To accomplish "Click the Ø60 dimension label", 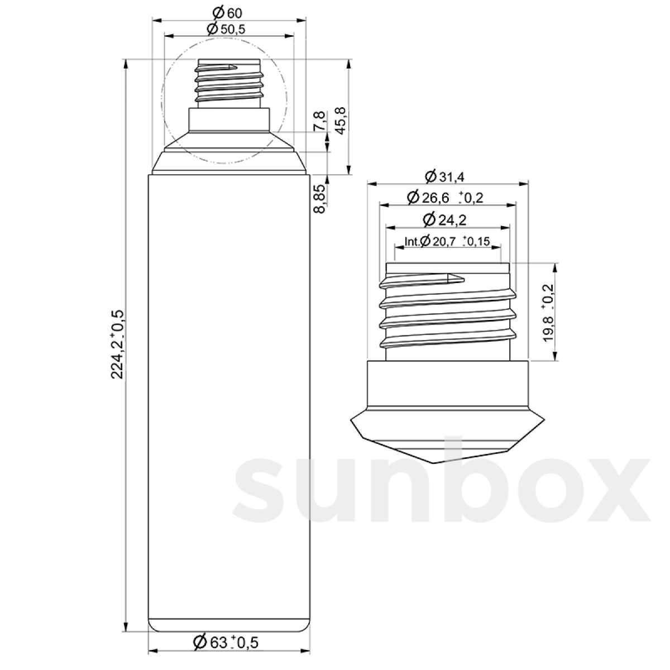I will pos(228,12).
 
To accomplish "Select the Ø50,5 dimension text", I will pos(226,29).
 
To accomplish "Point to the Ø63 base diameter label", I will pos(226,642).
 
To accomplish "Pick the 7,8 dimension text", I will pos(319,121).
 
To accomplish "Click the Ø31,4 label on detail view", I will pos(445,177).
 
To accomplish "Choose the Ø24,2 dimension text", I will pos(445,219).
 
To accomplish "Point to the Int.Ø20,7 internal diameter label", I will pos(447,241).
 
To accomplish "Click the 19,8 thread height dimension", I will pos(548,312).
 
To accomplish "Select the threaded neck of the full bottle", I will pos(229,84).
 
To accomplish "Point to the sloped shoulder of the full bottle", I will pos(229,162).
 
